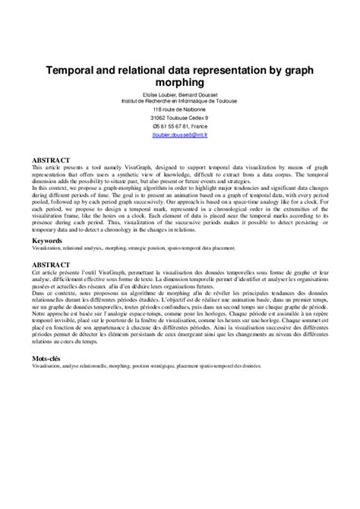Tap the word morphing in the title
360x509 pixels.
point(179,82)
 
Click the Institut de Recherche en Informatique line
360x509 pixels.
point(179,100)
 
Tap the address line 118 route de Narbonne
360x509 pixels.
point(179,109)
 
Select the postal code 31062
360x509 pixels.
point(161,119)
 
